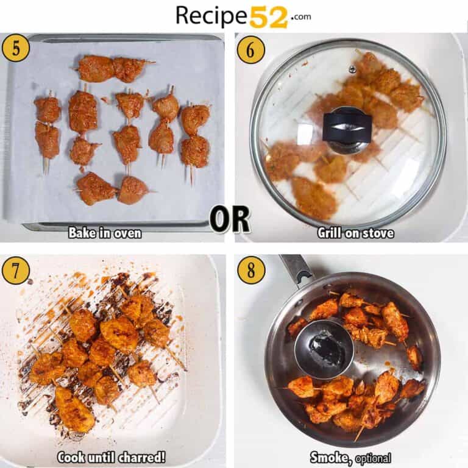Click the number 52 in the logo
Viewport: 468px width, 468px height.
click(x=268, y=16)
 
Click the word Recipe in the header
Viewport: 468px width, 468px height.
click(x=211, y=16)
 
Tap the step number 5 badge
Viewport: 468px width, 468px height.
click(x=15, y=48)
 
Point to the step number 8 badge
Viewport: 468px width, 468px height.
click(x=250, y=270)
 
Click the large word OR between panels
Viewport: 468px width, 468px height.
click(x=229, y=220)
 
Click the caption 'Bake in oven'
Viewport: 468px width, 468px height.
click(x=105, y=233)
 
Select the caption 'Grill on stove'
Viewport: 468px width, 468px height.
click(x=355, y=233)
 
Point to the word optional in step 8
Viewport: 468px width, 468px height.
click(x=372, y=458)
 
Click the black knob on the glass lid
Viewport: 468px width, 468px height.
click(x=346, y=125)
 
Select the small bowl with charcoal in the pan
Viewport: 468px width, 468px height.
click(x=324, y=349)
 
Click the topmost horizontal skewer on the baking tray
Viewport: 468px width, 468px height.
click(x=114, y=68)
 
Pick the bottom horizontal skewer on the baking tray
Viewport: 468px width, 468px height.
click(x=113, y=188)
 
